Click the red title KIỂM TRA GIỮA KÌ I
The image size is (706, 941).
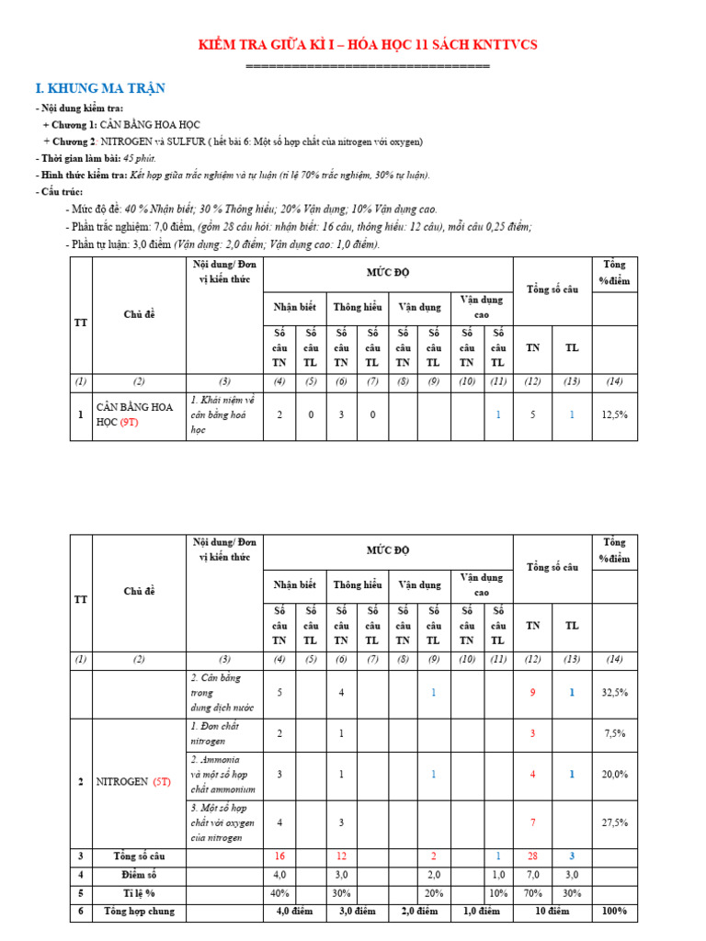[x=369, y=45]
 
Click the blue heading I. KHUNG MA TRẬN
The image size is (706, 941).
[x=100, y=88]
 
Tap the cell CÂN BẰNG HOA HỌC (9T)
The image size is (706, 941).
[x=139, y=415]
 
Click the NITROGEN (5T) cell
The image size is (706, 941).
[x=139, y=782]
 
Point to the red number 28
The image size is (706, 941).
[x=532, y=856]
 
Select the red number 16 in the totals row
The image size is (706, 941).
[x=279, y=856]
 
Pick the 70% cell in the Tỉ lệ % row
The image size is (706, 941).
[x=532, y=892]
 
